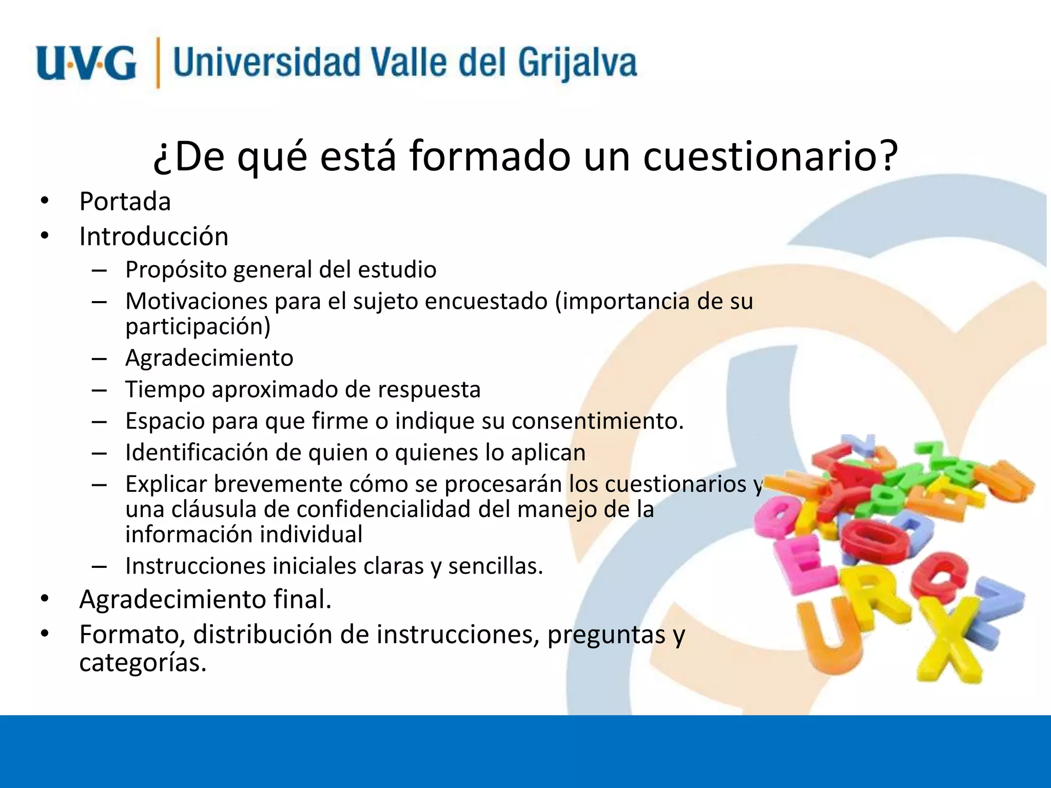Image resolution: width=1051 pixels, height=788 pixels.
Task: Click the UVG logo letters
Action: point(86,63)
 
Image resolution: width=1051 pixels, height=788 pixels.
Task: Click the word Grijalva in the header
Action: point(577,63)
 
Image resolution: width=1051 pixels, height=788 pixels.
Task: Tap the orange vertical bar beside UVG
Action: point(158,63)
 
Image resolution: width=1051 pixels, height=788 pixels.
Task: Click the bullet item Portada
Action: point(125,201)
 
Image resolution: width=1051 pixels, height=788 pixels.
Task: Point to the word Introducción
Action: point(153,237)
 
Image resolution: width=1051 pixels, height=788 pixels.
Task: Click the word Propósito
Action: point(176,270)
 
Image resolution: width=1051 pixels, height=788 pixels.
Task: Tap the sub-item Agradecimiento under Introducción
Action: point(209,358)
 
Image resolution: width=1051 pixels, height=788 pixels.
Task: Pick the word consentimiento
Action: point(597,421)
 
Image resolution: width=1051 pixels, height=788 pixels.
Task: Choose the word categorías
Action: point(142,663)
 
